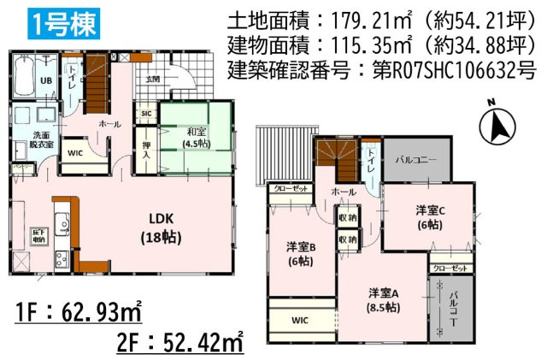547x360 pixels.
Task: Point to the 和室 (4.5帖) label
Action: (196, 137)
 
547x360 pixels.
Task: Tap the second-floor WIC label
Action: (299, 322)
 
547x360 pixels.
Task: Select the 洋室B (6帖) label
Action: (301, 253)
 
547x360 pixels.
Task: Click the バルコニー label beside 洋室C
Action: (415, 161)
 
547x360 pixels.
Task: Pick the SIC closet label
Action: (146, 113)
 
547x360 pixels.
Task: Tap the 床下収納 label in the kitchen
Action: (38, 235)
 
